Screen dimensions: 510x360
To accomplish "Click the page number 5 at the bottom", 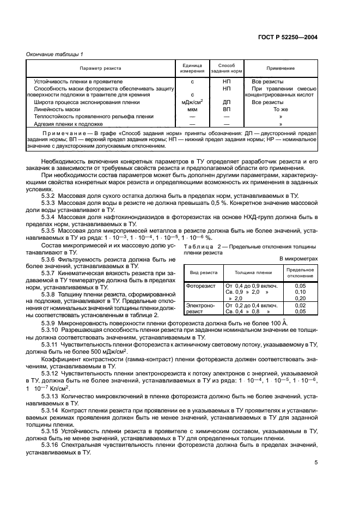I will (315, 463).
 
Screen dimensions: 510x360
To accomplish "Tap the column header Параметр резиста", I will (100, 68).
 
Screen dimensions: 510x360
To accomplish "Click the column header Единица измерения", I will (193, 68).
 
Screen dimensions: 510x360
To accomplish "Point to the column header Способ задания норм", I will (226, 68).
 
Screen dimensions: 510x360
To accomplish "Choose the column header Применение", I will (280, 68).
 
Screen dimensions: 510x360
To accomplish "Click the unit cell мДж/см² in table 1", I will (193, 102).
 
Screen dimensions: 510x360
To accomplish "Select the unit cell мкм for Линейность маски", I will (193, 109).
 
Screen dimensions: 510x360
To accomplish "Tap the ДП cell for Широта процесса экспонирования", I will (226, 102).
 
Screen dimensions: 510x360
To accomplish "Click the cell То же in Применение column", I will (280, 109).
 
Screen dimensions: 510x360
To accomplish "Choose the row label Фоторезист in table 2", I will (201, 285).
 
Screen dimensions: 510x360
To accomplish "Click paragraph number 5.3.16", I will (52, 446).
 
